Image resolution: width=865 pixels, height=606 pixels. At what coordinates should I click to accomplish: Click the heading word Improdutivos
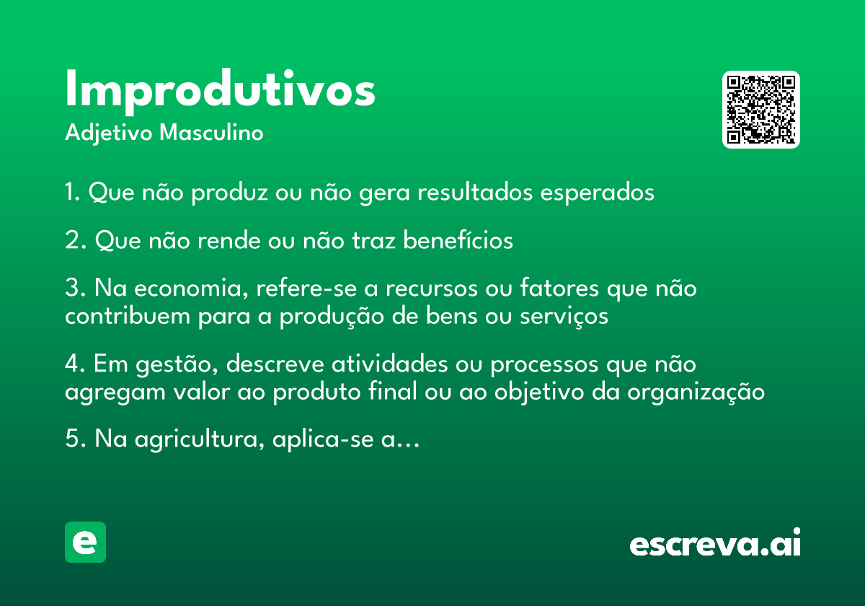click(220, 91)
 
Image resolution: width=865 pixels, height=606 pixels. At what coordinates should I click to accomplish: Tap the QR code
click(760, 110)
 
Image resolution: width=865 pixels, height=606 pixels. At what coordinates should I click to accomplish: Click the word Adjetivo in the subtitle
click(109, 133)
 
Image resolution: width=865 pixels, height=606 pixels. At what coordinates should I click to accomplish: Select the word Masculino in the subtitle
click(211, 132)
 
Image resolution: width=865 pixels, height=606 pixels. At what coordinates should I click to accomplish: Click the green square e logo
click(85, 542)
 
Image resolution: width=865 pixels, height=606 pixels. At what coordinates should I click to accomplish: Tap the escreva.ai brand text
click(715, 542)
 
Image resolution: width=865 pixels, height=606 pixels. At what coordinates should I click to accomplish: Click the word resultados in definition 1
click(475, 192)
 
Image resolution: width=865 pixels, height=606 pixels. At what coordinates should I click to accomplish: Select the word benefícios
click(458, 240)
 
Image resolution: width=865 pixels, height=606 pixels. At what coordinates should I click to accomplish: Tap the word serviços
click(564, 317)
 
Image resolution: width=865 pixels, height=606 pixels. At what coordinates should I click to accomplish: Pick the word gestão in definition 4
click(177, 364)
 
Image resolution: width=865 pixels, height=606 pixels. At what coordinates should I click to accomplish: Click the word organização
click(696, 392)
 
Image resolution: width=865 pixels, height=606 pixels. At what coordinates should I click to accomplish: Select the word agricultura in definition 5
click(199, 440)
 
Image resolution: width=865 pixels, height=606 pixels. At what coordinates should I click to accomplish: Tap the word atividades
click(390, 364)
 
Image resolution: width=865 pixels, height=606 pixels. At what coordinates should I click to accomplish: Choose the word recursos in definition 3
click(432, 289)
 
